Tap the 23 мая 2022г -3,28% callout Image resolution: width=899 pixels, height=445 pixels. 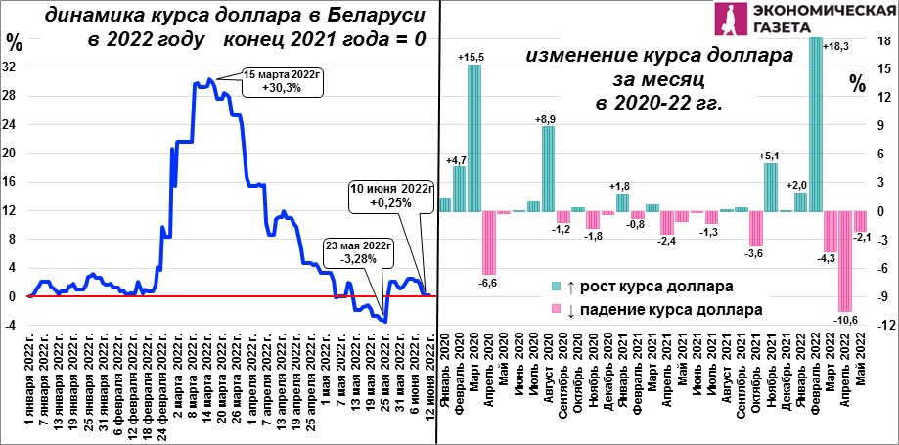pyautogui.click(x=358, y=253)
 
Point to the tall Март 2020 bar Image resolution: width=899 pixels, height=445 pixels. pyautogui.click(x=474, y=138)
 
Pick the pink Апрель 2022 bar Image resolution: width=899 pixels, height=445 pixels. pyautogui.click(x=844, y=261)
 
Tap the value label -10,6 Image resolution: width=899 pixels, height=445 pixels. pyautogui.click(x=844, y=319)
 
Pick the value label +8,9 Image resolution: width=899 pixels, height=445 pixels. pyautogui.click(x=549, y=120)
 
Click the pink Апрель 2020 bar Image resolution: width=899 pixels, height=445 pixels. pyautogui.click(x=489, y=244)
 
